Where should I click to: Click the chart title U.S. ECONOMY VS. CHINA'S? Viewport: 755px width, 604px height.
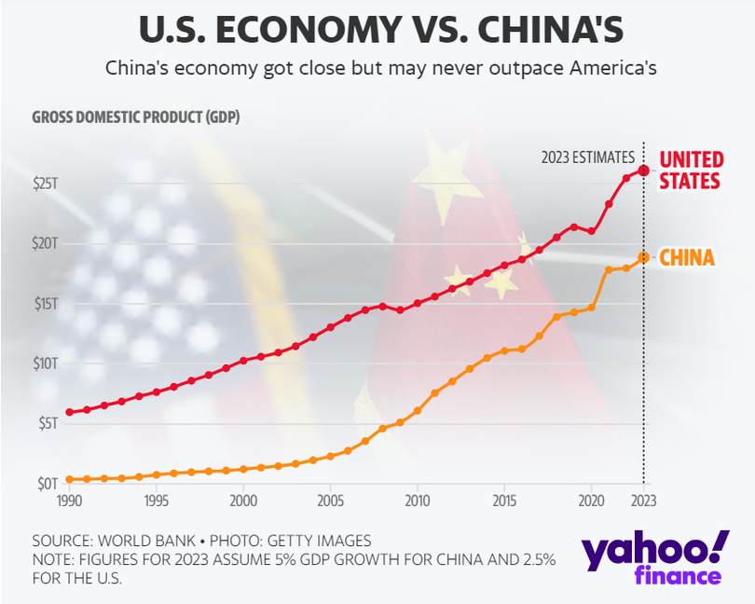(x=377, y=29)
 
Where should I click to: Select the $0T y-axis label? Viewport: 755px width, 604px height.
(x=47, y=483)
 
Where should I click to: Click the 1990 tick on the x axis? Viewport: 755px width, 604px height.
(x=68, y=501)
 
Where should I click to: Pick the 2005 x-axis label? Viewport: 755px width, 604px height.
(x=330, y=501)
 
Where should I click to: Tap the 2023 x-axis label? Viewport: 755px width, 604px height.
(x=643, y=501)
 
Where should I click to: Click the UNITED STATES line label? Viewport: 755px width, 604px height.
(x=691, y=170)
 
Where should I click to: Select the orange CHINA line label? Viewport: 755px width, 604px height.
(x=687, y=257)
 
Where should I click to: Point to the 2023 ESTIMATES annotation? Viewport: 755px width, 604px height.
(x=587, y=158)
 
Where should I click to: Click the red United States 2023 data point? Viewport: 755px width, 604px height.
(x=643, y=171)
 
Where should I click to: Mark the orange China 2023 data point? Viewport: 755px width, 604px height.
(x=643, y=256)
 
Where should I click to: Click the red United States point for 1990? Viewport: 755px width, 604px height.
(x=69, y=412)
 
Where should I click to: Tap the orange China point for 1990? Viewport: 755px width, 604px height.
(x=69, y=479)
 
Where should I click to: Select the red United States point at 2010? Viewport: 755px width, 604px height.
(x=418, y=303)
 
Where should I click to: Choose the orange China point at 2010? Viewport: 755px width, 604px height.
(x=418, y=411)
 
